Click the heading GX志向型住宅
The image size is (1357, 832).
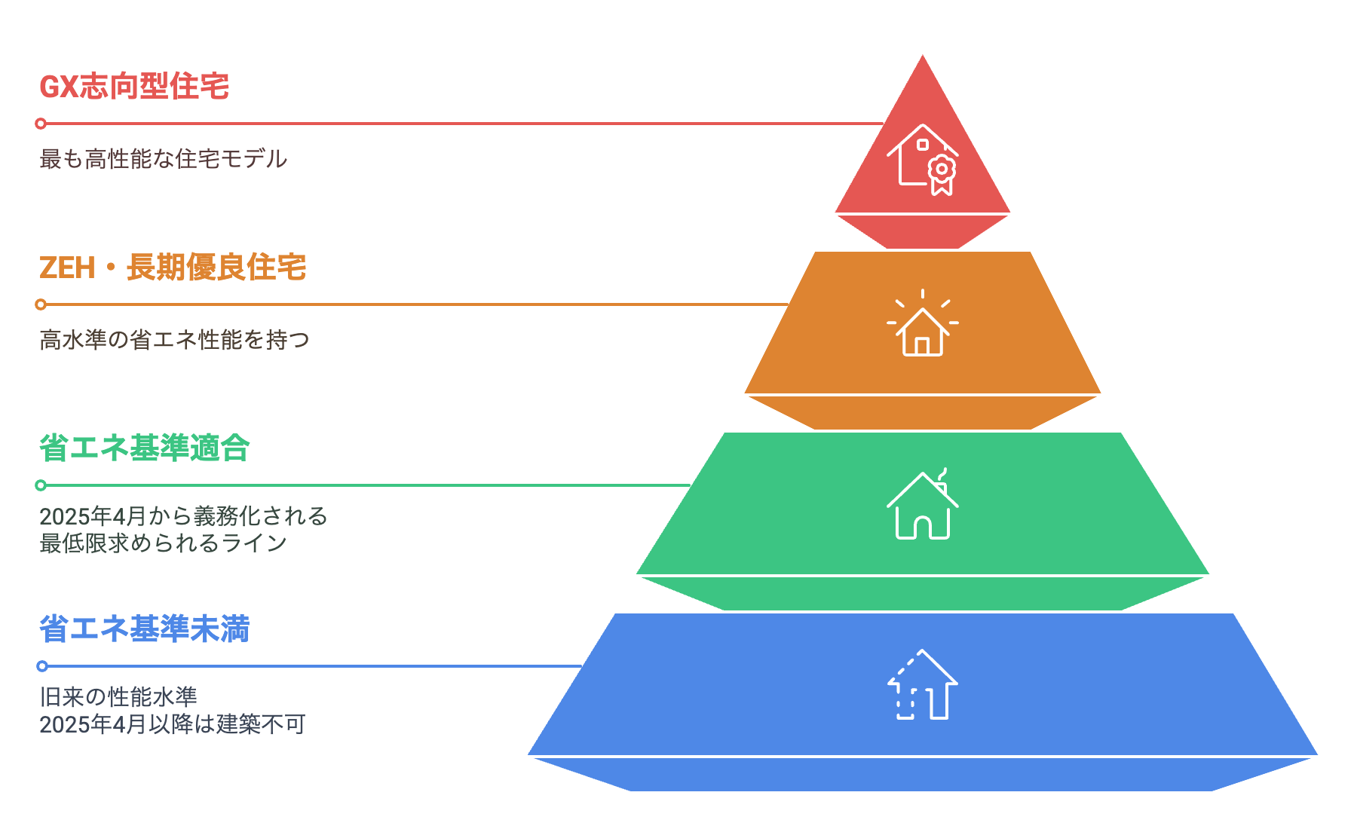[x=134, y=87]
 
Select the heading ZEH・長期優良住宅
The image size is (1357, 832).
[x=173, y=268]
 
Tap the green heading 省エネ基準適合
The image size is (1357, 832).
[x=144, y=448]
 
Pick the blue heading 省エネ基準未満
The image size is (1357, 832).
[x=144, y=629]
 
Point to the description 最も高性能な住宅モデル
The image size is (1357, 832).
[x=163, y=159]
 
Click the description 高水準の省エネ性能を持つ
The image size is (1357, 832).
[x=174, y=340]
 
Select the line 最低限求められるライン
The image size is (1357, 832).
[x=163, y=543]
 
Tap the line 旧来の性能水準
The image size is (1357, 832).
[x=118, y=697]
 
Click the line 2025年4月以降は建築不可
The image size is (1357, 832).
[x=172, y=724]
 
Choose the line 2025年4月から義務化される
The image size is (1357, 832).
[x=183, y=516]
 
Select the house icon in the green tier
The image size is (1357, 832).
[x=922, y=506]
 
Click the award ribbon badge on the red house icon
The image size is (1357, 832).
[x=942, y=174]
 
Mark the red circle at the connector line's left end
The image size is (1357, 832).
[x=41, y=124]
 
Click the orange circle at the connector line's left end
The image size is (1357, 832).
[x=41, y=304]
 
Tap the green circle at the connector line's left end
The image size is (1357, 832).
[x=41, y=485]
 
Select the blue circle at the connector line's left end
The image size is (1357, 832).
[x=42, y=666]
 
